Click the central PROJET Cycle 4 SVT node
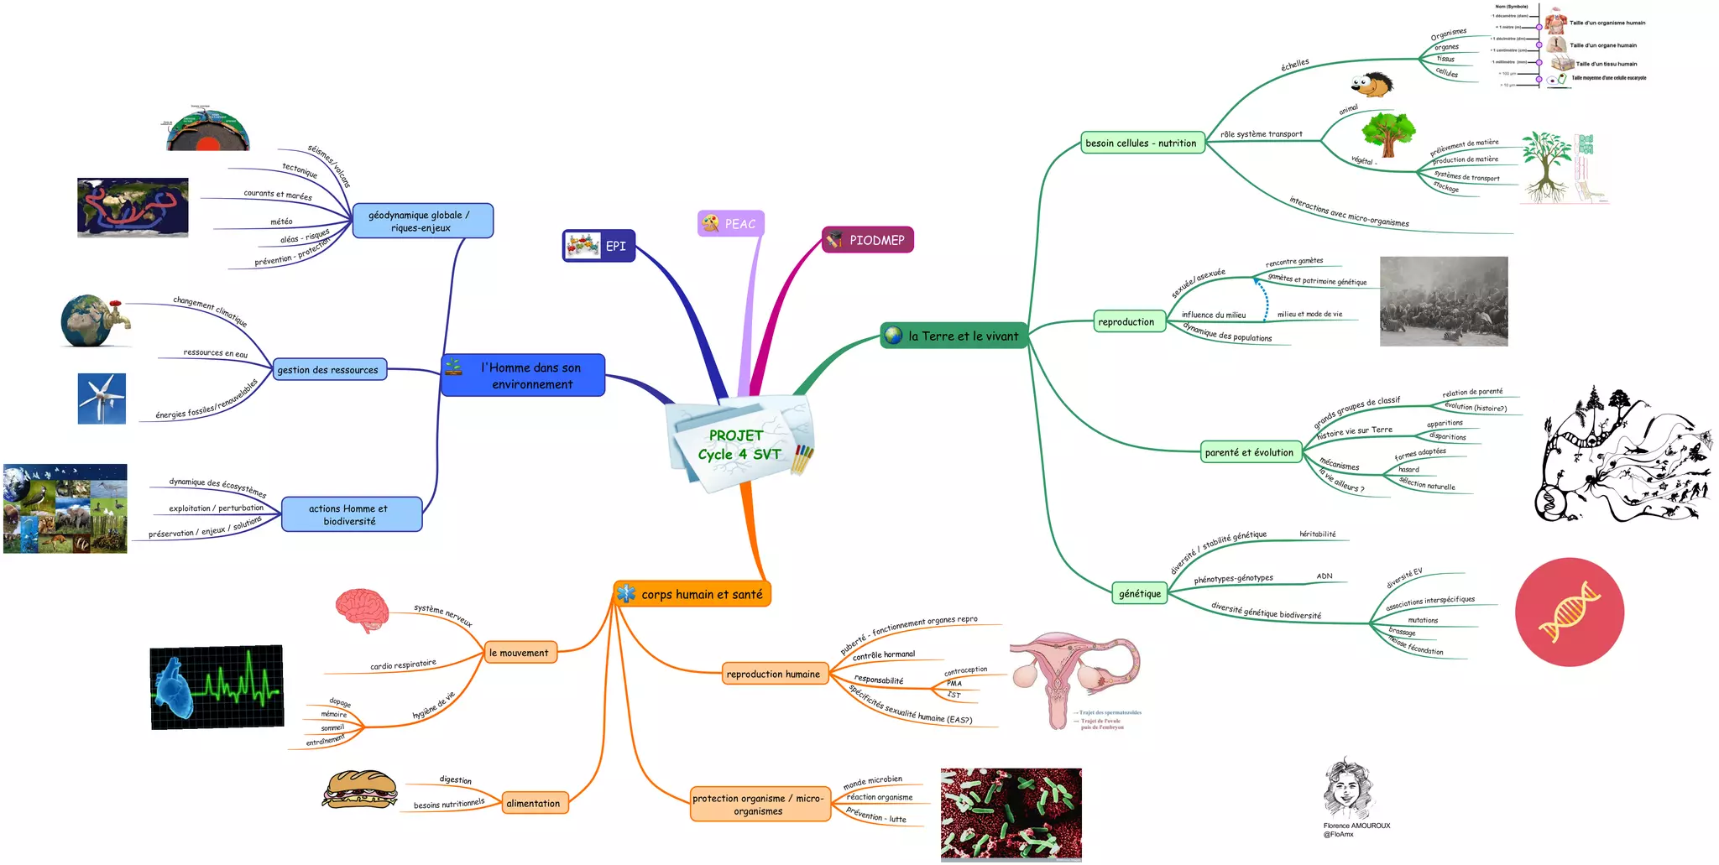click(739, 445)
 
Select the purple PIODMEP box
click(868, 240)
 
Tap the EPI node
click(598, 246)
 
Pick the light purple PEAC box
click(731, 223)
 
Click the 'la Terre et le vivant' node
click(954, 336)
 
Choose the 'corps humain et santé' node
click(692, 594)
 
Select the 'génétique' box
click(1139, 593)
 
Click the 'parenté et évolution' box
click(1249, 452)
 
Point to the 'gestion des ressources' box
click(328, 369)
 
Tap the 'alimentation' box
click(533, 803)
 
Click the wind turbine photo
click(102, 399)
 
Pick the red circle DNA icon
click(1569, 612)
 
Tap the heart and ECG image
click(217, 687)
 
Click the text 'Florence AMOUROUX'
click(1356, 826)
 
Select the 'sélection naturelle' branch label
click(1427, 484)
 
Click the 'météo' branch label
click(281, 221)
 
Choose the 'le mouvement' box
click(519, 652)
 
